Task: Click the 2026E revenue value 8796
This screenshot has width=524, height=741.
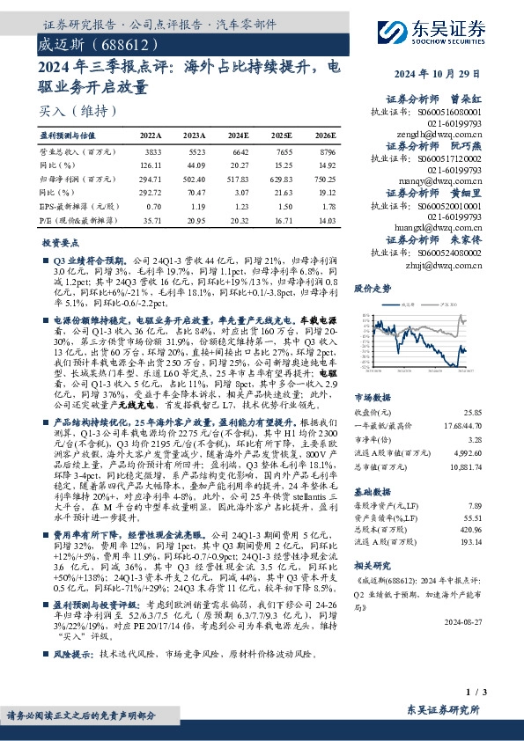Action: coord(325,153)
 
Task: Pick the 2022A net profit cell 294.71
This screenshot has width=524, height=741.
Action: coord(151,179)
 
